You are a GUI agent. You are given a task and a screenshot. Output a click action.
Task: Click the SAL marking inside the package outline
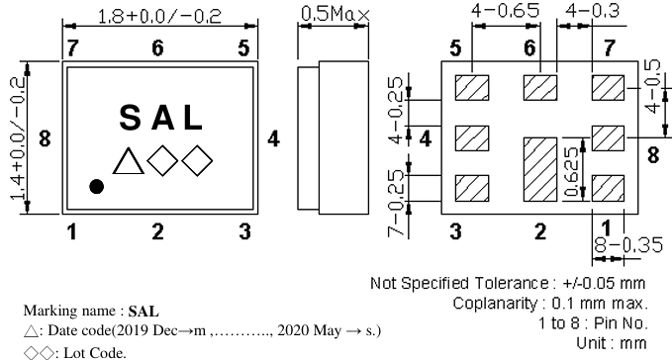(x=162, y=118)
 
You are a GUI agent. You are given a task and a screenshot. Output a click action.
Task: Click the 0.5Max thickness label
(x=335, y=15)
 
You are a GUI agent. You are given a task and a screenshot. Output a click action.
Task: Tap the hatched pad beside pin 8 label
(x=607, y=135)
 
